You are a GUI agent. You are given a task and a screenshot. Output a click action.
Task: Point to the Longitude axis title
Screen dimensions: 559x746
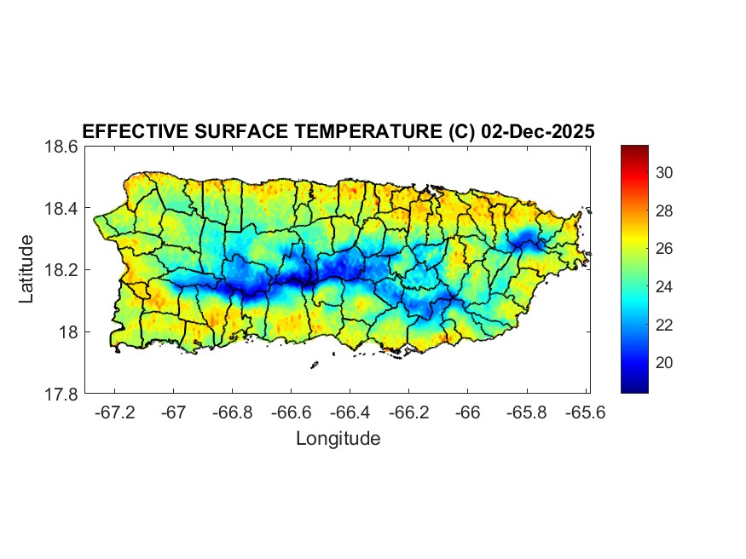(x=338, y=439)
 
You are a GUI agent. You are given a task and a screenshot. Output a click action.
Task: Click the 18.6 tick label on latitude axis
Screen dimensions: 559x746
(x=61, y=147)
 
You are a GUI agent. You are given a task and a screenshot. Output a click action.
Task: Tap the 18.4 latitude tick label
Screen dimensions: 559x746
(x=61, y=209)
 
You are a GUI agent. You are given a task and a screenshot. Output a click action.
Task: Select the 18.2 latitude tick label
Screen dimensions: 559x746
(x=61, y=270)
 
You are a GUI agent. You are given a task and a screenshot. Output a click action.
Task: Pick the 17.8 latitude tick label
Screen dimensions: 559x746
(x=61, y=394)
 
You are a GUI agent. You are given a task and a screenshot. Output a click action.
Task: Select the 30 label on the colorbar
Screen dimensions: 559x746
(x=665, y=173)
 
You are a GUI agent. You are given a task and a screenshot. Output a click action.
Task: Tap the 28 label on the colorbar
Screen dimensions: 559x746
(x=665, y=211)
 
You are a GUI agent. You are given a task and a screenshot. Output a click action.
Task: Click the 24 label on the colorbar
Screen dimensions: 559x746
(x=665, y=287)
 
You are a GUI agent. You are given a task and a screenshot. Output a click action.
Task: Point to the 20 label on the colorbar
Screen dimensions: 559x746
(x=665, y=363)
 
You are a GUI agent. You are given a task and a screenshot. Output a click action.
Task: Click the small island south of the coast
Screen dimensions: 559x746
(x=314, y=366)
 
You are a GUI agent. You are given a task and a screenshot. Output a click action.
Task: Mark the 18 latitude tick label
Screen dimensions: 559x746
(x=68, y=332)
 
